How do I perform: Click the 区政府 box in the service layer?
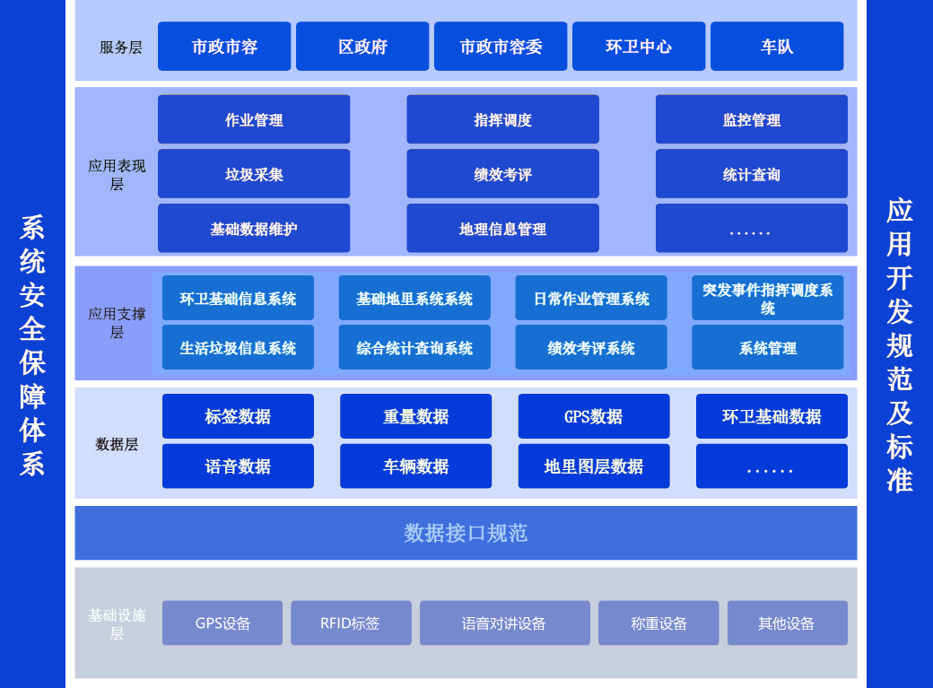362,47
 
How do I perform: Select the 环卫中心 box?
638,47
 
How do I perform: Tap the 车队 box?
777,47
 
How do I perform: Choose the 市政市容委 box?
501,47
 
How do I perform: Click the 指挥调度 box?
502,119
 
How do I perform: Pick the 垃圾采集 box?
254,174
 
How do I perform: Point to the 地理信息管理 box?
502,229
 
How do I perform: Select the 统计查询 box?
751,174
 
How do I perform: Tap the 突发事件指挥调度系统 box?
767,298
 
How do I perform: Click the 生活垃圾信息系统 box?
238,347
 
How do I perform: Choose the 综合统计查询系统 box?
414,347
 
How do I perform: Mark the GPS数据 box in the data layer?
593,416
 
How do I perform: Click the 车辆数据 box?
415,466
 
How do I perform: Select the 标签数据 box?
238,416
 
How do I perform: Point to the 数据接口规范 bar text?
466,533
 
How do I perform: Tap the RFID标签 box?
351,623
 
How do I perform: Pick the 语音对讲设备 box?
504,623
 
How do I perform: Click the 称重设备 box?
658,623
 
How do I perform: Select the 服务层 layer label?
120,48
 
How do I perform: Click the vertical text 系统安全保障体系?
32,344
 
